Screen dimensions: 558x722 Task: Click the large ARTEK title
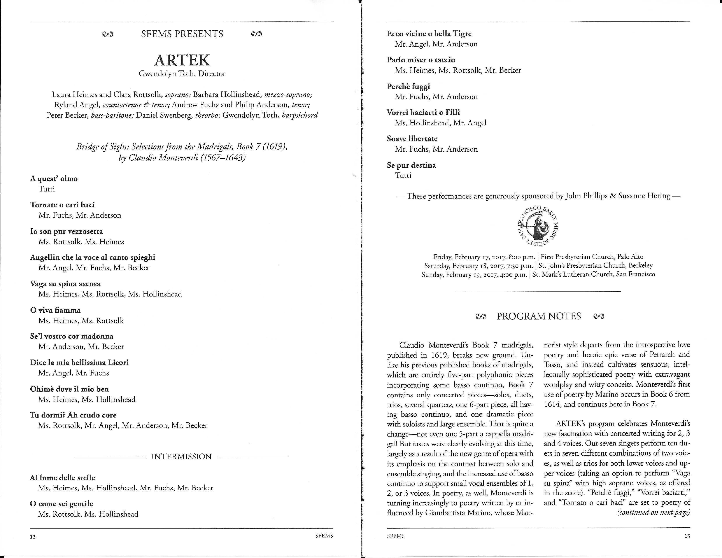(182, 60)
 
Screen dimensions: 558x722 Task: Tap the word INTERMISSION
(181, 456)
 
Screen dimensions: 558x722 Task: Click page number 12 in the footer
(33, 537)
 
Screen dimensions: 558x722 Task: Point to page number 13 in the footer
(687, 536)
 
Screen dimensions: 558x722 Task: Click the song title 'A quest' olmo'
(54, 179)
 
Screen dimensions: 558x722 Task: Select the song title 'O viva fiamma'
(55, 310)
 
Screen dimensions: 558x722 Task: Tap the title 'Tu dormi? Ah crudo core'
(73, 415)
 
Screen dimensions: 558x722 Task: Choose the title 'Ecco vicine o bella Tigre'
(429, 34)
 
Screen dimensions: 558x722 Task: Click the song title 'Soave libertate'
(412, 139)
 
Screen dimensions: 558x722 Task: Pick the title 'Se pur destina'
(411, 165)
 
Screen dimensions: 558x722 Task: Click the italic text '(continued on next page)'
(654, 512)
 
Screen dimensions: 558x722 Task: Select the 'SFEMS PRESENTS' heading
(182, 34)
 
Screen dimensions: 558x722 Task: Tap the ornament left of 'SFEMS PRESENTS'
(108, 34)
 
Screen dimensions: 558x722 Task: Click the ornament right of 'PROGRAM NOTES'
(599, 316)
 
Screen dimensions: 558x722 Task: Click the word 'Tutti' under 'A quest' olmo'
(47, 189)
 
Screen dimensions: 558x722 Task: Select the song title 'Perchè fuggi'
(408, 86)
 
